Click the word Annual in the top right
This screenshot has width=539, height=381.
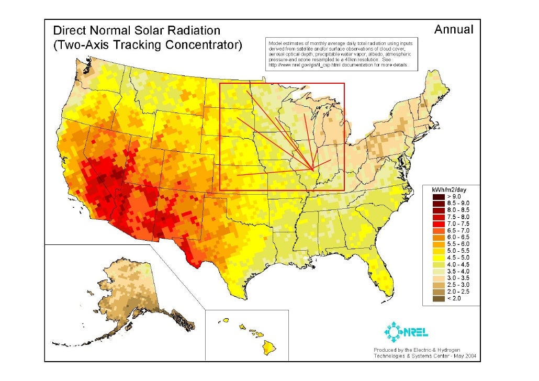point(453,30)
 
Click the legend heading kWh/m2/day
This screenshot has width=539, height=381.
point(449,188)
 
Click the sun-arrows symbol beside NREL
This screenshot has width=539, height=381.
point(392,331)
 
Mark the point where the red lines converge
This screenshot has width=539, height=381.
point(312,170)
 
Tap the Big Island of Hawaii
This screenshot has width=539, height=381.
point(269,346)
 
